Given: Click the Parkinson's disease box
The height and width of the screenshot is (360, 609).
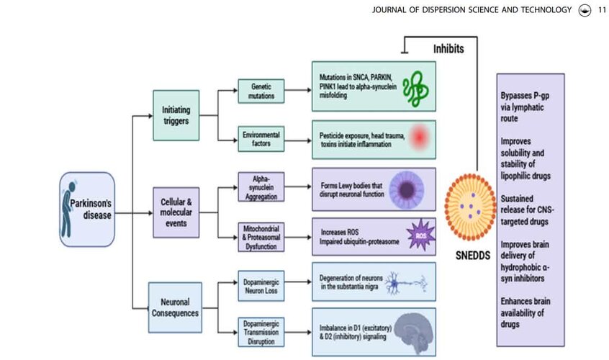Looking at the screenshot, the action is pyautogui.click(x=87, y=210).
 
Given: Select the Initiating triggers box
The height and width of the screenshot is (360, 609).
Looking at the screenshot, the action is pyautogui.click(x=176, y=115).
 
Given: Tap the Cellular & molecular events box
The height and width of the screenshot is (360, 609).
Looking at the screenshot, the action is pyautogui.click(x=176, y=212).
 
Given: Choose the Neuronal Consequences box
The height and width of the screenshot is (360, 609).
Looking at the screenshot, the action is pyautogui.click(x=175, y=307).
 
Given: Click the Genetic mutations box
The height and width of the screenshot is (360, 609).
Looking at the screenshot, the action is pyautogui.click(x=261, y=91).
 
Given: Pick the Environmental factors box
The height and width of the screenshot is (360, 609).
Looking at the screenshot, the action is pyautogui.click(x=261, y=139).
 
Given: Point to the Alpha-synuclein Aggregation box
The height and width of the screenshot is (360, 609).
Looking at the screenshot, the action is pyautogui.click(x=261, y=187).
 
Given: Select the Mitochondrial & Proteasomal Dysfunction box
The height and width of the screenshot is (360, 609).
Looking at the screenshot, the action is pyautogui.click(x=261, y=238).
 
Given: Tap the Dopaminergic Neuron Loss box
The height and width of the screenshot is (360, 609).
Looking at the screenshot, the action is pyautogui.click(x=261, y=287).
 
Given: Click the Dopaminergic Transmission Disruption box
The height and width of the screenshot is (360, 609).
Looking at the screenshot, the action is pyautogui.click(x=261, y=332).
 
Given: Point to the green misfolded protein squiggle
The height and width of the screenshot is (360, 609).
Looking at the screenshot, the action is pyautogui.click(x=415, y=89).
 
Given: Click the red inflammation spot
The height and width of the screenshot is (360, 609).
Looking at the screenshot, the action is pyautogui.click(x=420, y=137).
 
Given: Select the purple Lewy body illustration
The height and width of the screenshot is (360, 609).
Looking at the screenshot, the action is pyautogui.click(x=407, y=189).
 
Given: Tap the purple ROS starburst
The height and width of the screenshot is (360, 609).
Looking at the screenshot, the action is pyautogui.click(x=420, y=235).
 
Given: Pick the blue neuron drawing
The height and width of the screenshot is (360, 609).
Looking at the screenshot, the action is pyautogui.click(x=406, y=283).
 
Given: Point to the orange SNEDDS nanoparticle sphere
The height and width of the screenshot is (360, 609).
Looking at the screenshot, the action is pyautogui.click(x=471, y=207).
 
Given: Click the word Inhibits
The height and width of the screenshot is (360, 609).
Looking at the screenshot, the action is pyautogui.click(x=448, y=49).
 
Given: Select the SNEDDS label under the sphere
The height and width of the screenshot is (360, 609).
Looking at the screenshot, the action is pyautogui.click(x=473, y=256).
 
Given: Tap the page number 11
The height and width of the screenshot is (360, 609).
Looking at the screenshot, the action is pyautogui.click(x=602, y=10).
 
